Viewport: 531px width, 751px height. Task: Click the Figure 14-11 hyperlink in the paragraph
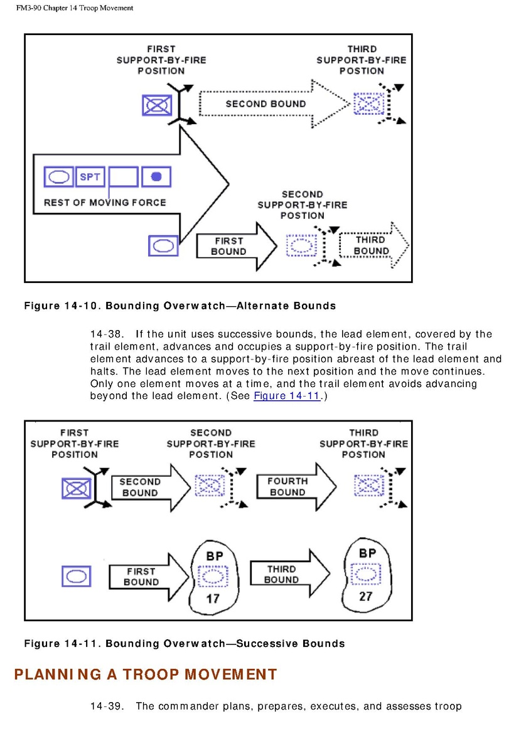287,396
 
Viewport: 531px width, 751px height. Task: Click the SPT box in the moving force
90,178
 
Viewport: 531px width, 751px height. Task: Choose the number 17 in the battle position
213,599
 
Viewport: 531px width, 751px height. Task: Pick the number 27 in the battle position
366,596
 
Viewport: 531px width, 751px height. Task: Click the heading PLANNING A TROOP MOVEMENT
145,674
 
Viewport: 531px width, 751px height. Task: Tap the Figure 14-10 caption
180,306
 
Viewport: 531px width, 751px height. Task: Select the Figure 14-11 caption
184,644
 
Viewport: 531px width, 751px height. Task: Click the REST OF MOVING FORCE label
105,203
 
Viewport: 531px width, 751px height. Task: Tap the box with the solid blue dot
157,178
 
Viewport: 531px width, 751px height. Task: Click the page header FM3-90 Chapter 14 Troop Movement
75,8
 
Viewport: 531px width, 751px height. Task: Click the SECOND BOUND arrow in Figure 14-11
146,487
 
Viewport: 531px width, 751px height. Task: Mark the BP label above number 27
367,553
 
